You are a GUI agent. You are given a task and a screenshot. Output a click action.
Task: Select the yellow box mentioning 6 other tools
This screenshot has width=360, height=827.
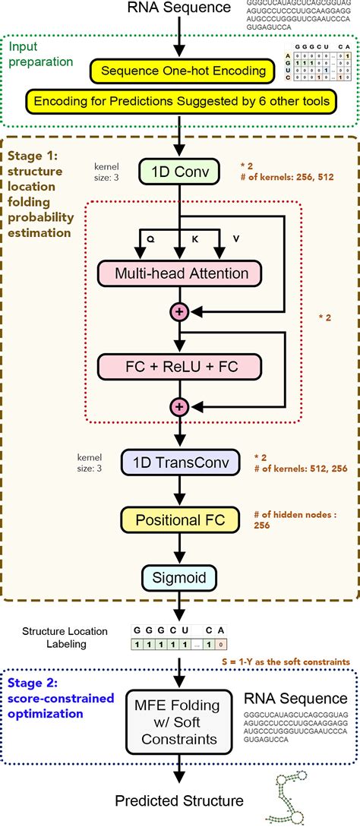coord(180,99)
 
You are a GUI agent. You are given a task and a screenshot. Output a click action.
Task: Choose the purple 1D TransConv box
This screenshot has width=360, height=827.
coord(180,462)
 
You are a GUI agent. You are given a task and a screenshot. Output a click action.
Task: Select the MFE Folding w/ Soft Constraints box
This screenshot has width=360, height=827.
coord(180,719)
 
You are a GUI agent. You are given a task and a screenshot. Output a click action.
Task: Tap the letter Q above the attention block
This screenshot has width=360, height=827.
coord(150,237)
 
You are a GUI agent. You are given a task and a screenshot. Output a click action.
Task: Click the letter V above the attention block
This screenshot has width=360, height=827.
coord(235,237)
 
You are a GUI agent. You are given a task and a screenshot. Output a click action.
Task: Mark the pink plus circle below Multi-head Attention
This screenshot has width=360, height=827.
coord(180,311)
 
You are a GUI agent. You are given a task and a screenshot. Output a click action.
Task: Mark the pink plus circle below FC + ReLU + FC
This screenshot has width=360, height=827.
coord(180,406)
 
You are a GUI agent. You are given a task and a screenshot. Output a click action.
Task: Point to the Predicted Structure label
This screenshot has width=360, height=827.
coord(180,800)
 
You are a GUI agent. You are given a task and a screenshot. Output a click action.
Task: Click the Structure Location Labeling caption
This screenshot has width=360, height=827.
coord(65,636)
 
